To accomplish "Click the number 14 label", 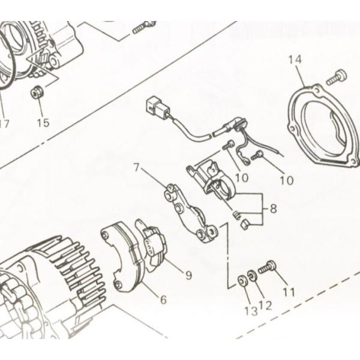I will pos(294,59).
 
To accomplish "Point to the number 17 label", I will pos(4,125).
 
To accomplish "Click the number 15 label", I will pos(43,123).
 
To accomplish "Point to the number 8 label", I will pos(273,209).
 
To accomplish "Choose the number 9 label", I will pos(188,275).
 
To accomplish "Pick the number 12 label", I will pos(265,305).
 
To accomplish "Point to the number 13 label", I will pos(250,310).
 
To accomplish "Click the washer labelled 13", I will pos(242,280).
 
